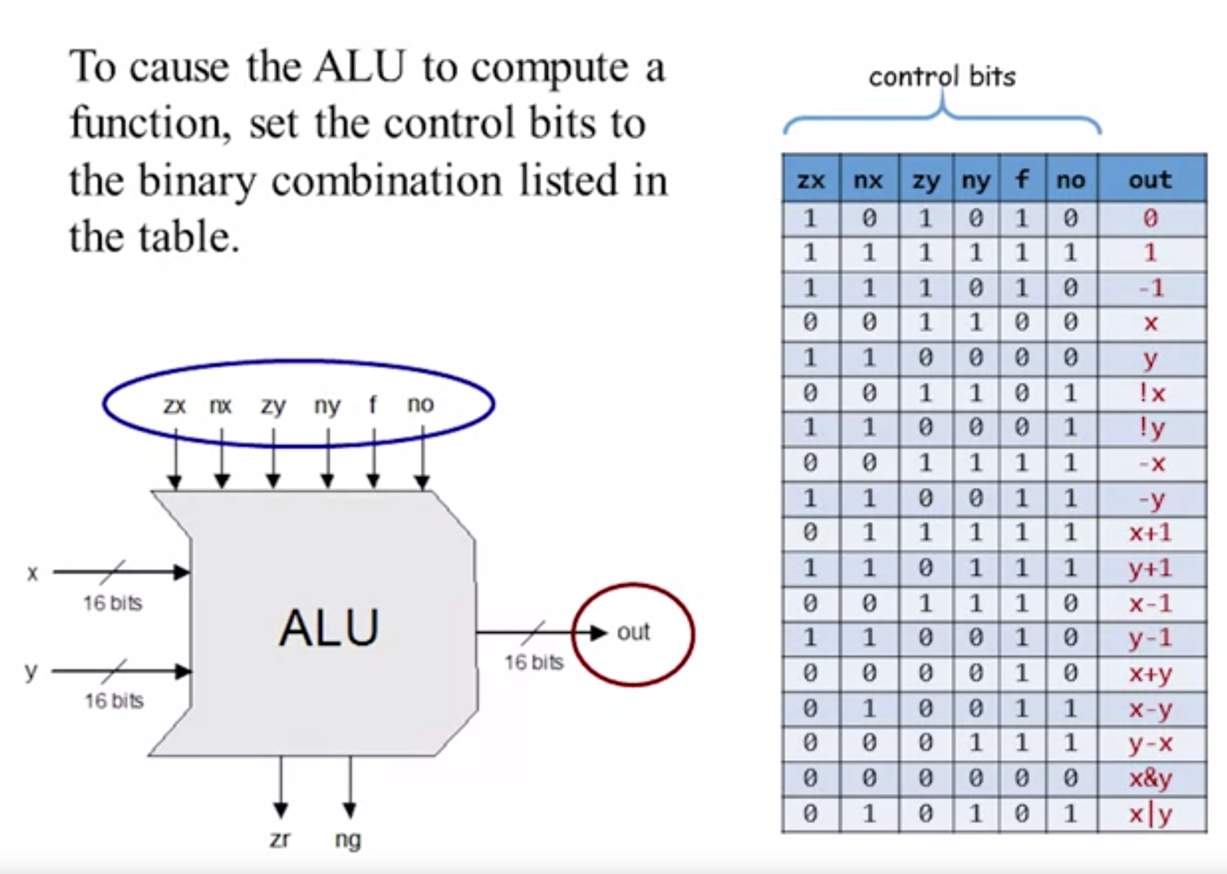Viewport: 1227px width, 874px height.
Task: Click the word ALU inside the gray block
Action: coord(329,628)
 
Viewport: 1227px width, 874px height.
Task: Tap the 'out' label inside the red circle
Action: coord(633,632)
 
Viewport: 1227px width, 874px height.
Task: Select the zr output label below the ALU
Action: coord(280,839)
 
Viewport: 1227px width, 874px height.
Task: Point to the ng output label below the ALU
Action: coord(348,840)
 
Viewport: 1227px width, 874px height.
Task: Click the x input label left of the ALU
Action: coord(33,574)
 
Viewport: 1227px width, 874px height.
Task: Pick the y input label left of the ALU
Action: coord(31,671)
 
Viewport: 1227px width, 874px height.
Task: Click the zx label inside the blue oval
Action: coord(174,406)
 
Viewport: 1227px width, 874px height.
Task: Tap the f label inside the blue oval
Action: coord(372,404)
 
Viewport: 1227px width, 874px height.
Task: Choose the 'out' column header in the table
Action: coord(1150,179)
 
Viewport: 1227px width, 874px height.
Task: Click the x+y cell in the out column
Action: coord(1150,673)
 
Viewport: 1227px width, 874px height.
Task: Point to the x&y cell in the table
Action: coord(1150,778)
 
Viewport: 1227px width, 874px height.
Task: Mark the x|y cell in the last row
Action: coord(1150,814)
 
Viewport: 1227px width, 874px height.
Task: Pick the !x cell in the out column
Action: coord(1151,393)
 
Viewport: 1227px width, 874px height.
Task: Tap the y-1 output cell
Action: coord(1150,638)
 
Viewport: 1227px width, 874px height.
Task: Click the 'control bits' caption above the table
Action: coord(942,77)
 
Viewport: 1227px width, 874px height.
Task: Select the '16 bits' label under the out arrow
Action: coord(534,662)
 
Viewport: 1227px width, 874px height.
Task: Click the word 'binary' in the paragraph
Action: coord(198,180)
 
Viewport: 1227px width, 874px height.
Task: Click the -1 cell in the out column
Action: coord(1151,288)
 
